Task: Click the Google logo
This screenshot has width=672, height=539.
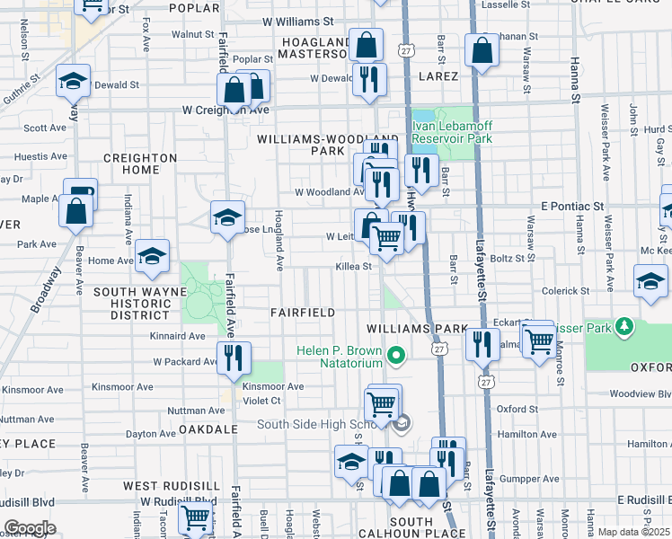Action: (30, 528)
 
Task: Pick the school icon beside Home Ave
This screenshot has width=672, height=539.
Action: (153, 256)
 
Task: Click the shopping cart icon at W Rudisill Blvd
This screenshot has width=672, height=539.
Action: (195, 517)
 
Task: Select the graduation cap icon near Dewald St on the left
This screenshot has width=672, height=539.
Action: (73, 83)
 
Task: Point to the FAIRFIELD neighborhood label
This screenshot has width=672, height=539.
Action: (303, 313)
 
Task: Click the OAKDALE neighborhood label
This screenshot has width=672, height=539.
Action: (207, 430)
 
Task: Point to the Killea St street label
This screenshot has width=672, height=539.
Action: (353, 267)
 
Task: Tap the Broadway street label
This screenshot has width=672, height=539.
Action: (46, 289)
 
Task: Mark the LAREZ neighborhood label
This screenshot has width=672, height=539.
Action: (436, 76)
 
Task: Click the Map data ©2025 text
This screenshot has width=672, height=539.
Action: (633, 532)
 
